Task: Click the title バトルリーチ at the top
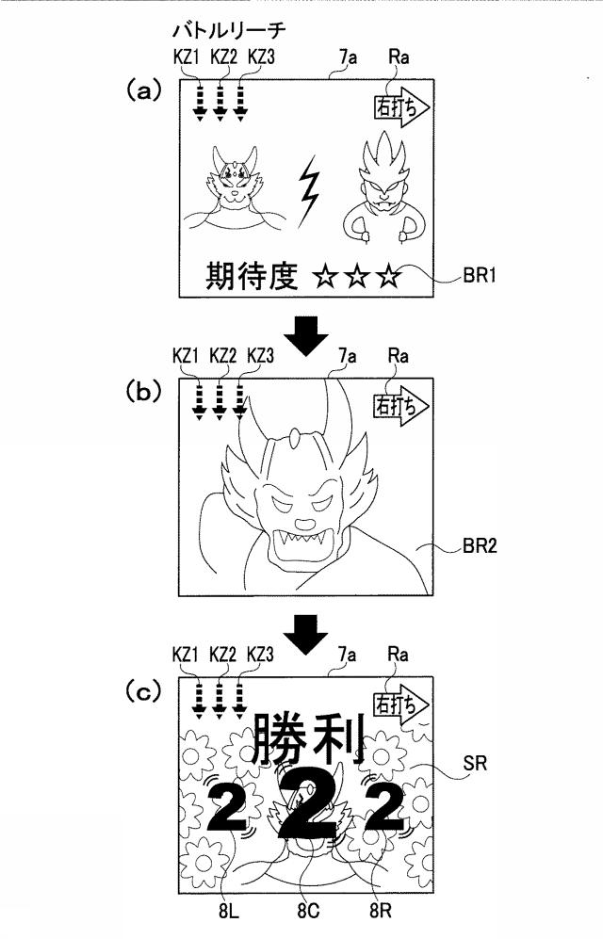(229, 30)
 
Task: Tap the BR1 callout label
(479, 276)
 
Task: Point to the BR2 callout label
(479, 545)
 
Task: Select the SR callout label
(475, 763)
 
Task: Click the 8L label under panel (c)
(229, 912)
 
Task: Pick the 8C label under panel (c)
(308, 912)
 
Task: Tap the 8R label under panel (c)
(381, 912)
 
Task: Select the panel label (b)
(143, 391)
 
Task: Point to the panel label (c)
(143, 691)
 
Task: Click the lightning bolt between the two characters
(308, 191)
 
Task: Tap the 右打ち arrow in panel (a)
(401, 107)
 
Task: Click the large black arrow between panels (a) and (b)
(306, 334)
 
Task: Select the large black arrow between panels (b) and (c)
(306, 634)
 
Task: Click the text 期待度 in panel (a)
(252, 276)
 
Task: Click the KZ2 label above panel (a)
(224, 57)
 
